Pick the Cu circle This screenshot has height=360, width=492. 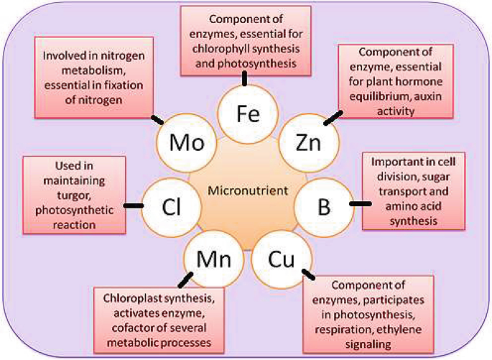point(281,257)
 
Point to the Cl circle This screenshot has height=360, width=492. point(169,207)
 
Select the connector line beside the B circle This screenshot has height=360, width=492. point(361,204)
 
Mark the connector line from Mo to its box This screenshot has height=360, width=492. point(157,116)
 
